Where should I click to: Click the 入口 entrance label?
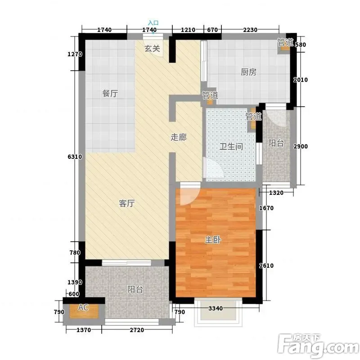point(153,23)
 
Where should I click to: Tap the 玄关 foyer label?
point(152,49)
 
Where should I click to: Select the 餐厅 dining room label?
point(110,94)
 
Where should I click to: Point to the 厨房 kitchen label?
point(249,72)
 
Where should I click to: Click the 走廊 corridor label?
point(179,137)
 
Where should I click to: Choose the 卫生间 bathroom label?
point(231,146)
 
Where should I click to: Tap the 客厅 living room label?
point(127,203)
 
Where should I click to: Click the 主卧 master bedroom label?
point(213,240)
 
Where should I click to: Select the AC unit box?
point(84,311)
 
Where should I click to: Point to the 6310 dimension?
point(75,157)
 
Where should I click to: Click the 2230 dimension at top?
point(250,30)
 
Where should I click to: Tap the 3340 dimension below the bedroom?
point(216,308)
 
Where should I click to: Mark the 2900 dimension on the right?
point(301,146)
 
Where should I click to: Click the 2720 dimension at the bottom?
point(137,330)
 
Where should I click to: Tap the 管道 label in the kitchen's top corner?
point(285,42)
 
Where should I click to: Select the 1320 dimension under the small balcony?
point(276,193)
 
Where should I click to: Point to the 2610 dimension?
point(266,265)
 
